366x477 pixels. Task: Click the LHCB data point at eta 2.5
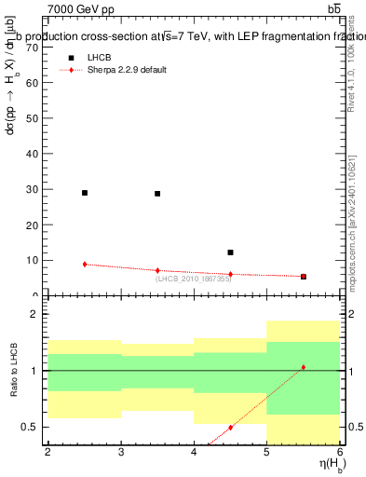point(85,193)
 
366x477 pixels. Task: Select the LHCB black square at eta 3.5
point(157,194)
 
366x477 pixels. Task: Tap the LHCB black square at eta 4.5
point(230,252)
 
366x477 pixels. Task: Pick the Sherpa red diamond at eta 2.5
point(85,265)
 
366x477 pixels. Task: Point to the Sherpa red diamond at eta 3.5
point(157,270)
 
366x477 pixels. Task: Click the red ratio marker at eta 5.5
point(304,367)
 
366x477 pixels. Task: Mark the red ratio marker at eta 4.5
point(230,428)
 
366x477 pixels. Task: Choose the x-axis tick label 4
point(194,452)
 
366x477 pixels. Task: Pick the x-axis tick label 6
point(340,452)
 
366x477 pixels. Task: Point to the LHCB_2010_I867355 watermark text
point(193,278)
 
